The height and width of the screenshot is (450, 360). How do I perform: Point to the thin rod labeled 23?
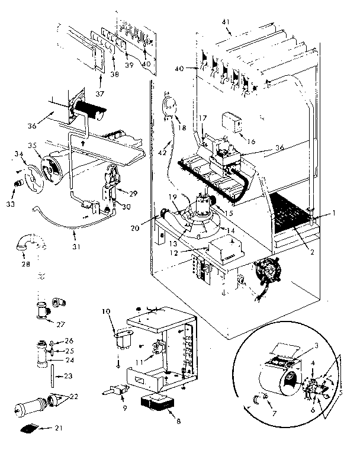coord(53,374)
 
